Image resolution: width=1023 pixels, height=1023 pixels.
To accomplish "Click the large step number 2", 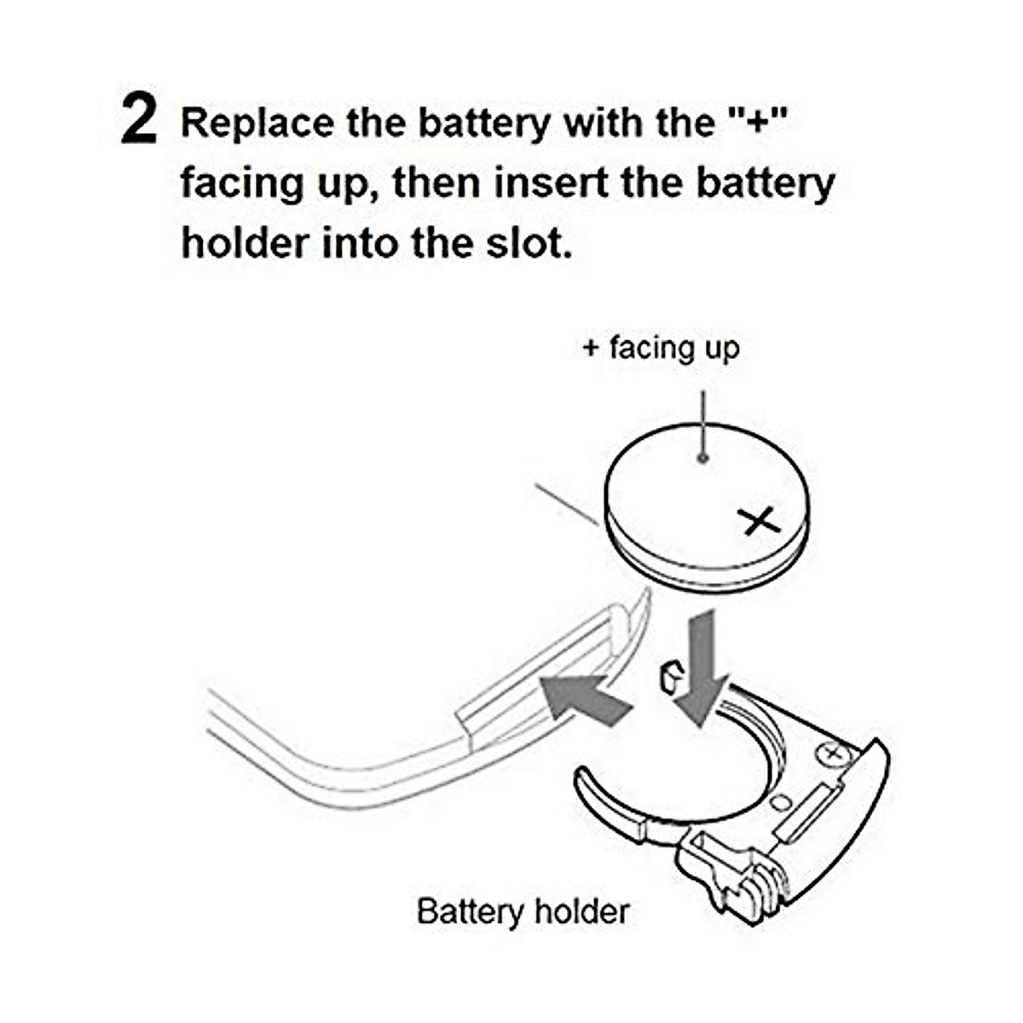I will pos(139,121).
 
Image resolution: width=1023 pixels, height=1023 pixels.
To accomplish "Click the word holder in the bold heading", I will pos(244,243).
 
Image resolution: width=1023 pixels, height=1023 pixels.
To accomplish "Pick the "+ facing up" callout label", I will pos(661,348).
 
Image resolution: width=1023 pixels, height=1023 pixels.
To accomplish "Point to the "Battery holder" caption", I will pos(523,911).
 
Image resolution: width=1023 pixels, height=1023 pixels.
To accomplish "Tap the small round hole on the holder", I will pos(780,802).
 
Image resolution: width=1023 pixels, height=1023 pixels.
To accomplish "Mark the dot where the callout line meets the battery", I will pos(702,458).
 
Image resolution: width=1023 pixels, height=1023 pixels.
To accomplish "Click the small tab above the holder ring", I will pos(670,676).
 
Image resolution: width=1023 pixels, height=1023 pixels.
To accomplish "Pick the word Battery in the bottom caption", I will pos(470,911).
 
